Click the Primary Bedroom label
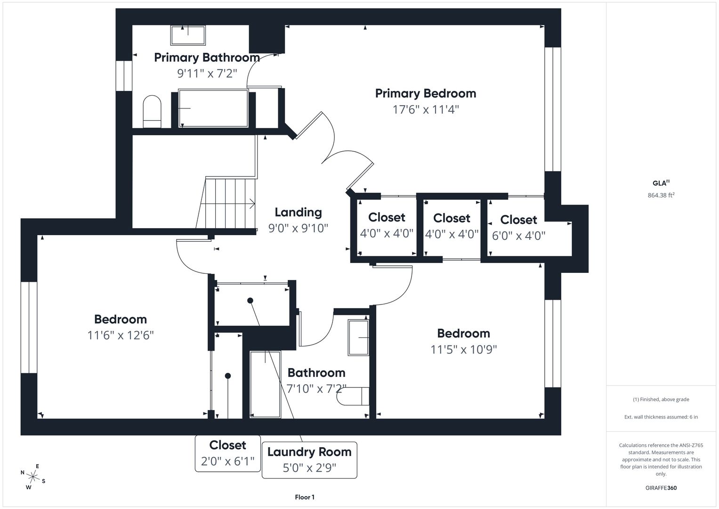tap(426, 93)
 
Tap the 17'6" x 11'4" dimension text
tap(426, 109)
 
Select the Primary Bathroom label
tap(207, 58)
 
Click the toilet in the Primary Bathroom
tap(152, 112)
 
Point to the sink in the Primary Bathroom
tap(188, 35)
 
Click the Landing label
tap(298, 212)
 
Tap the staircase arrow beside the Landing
tap(227, 204)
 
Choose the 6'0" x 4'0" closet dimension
tap(519, 236)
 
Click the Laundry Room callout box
tap(309, 460)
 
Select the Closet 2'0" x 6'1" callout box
tap(227, 453)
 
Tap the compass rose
tap(33, 476)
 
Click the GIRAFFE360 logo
tap(661, 488)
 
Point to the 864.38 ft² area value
tap(661, 195)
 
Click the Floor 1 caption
tap(305, 497)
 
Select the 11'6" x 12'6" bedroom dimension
tap(121, 336)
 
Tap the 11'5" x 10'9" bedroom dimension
tap(463, 349)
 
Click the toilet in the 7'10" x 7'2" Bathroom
tap(353, 396)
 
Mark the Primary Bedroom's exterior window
tap(553, 109)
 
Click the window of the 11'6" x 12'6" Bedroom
tap(29, 328)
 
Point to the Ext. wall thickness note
tap(661, 417)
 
